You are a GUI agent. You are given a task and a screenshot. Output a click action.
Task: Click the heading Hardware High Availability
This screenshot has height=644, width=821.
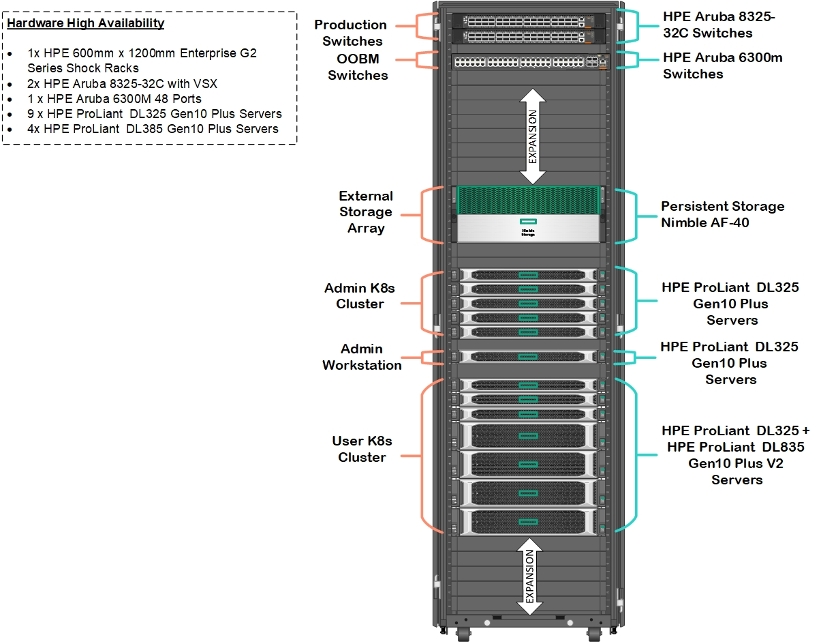[86, 23]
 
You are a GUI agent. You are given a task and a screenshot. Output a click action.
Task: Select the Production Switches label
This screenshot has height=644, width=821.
[350, 33]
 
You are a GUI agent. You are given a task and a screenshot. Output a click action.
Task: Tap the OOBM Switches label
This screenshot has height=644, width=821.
[358, 67]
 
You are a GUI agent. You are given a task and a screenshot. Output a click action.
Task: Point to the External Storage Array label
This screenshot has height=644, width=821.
[366, 212]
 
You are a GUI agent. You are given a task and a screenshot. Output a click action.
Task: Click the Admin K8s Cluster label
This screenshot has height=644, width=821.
[359, 296]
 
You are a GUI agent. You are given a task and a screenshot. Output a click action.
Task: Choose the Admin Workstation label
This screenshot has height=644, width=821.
[362, 357]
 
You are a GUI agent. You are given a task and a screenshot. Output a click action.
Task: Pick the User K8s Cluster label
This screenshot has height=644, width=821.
[362, 450]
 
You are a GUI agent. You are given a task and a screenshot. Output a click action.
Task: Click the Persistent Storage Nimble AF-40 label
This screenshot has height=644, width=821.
[722, 214]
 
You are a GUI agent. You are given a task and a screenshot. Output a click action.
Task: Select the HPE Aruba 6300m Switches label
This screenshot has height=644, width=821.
[722, 65]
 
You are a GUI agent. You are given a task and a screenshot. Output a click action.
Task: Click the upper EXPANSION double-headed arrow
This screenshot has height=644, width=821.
[532, 136]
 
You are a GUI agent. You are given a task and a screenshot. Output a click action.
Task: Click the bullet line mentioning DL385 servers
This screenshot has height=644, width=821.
[153, 129]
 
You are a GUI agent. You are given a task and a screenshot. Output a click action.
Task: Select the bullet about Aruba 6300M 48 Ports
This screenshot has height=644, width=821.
[114, 99]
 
